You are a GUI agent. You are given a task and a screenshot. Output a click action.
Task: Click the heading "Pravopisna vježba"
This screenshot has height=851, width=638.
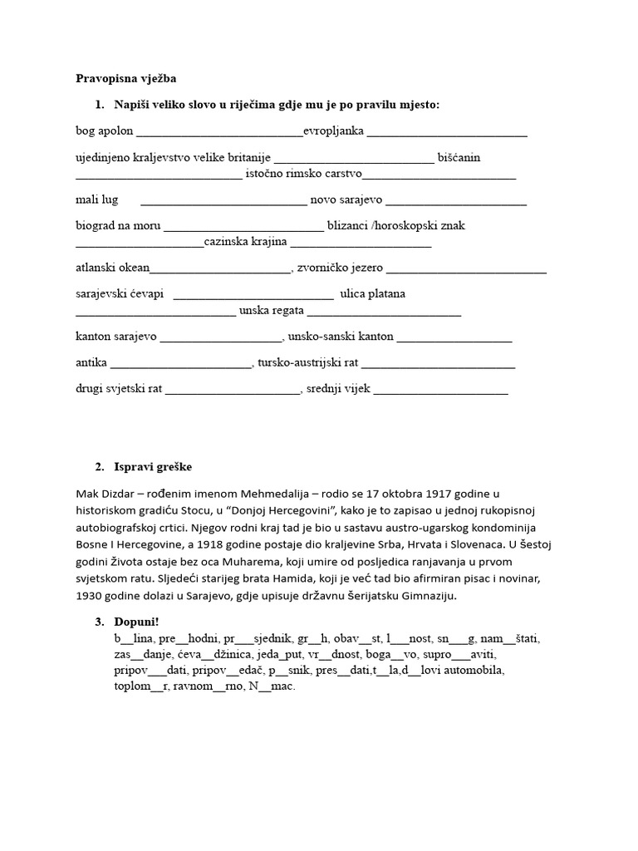click(126, 78)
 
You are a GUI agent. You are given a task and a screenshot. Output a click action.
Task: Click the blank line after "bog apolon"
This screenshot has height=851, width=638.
click(219, 132)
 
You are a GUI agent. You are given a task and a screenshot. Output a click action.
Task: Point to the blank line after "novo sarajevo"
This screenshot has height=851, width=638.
click(456, 201)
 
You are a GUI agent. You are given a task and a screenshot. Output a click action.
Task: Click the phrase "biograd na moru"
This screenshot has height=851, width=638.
click(118, 226)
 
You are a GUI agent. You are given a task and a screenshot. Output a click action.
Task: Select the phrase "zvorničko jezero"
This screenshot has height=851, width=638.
click(341, 268)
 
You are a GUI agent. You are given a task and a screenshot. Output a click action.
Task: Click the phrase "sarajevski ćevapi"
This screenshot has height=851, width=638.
click(120, 294)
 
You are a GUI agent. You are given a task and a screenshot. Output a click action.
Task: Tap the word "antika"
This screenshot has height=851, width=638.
click(91, 363)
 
